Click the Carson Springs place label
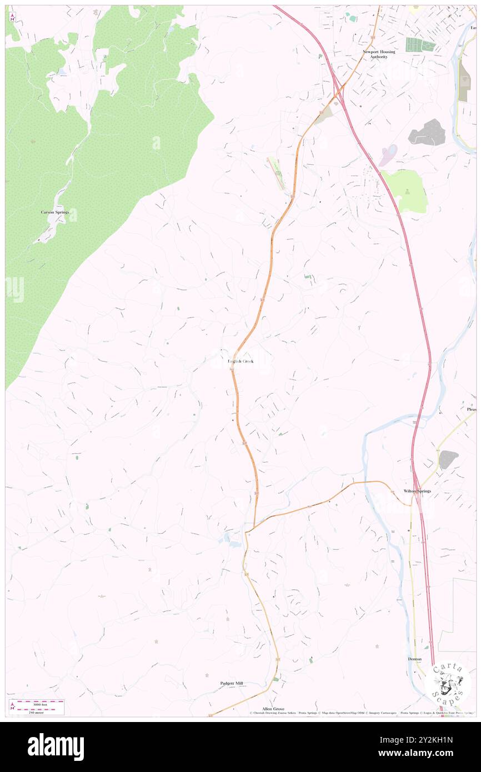click(54, 212)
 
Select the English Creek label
click(240, 362)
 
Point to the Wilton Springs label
click(417, 491)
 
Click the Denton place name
click(414, 659)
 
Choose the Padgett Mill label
click(232, 683)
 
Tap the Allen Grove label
click(273, 709)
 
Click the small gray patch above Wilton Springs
click(448, 459)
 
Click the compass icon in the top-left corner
click(12, 17)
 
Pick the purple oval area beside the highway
click(389, 155)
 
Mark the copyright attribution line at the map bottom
click(361, 713)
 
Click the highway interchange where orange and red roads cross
click(338, 94)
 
